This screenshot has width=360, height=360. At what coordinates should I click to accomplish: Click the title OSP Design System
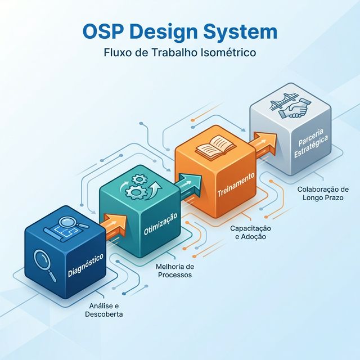click(x=179, y=32)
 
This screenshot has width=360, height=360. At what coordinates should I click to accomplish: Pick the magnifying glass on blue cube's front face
click(x=44, y=263)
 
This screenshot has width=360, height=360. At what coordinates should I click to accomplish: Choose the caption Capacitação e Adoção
click(x=250, y=233)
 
